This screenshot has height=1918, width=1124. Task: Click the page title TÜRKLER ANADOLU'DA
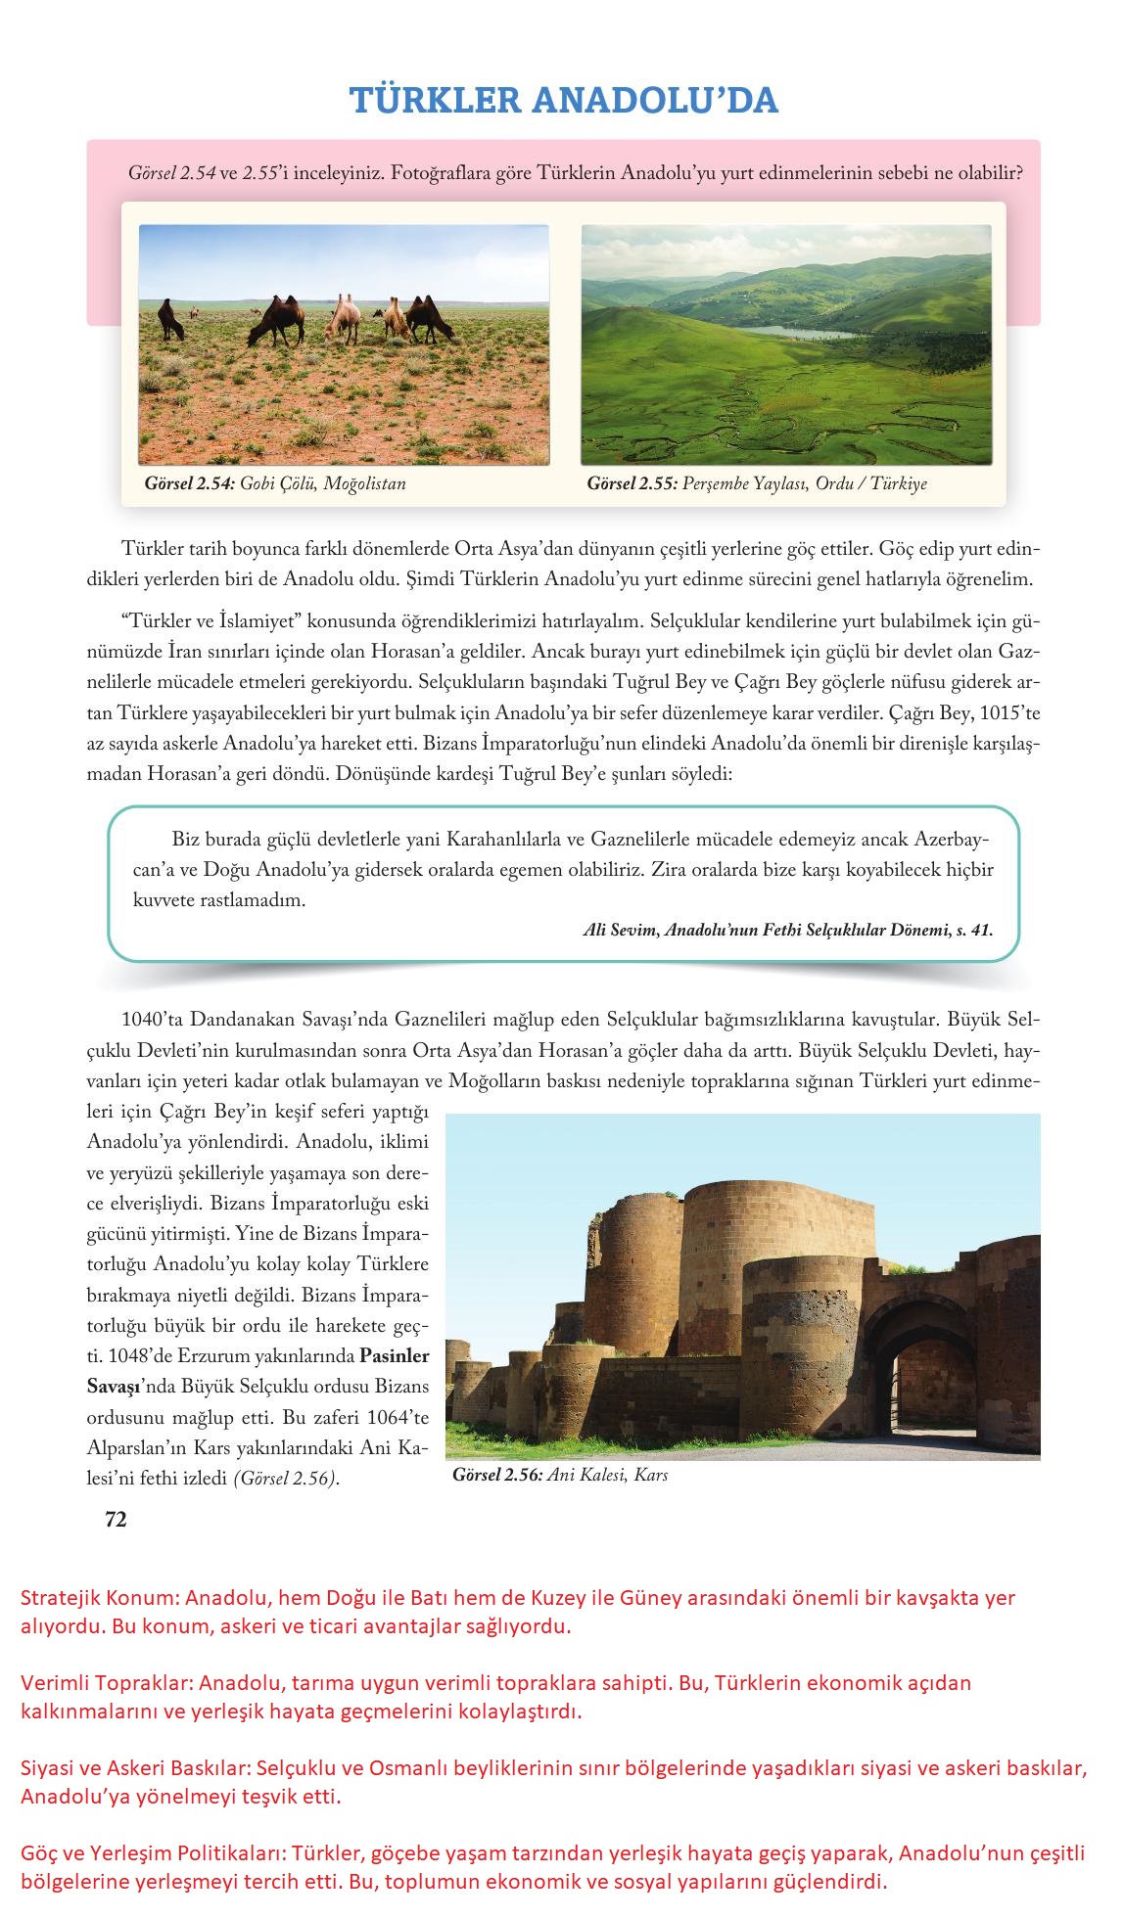click(563, 100)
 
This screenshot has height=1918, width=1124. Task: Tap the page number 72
click(116, 1519)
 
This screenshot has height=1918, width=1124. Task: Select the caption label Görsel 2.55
click(632, 483)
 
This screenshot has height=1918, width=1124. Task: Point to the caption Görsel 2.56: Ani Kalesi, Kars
click(560, 1475)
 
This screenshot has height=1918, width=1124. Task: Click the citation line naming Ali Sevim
click(787, 931)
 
